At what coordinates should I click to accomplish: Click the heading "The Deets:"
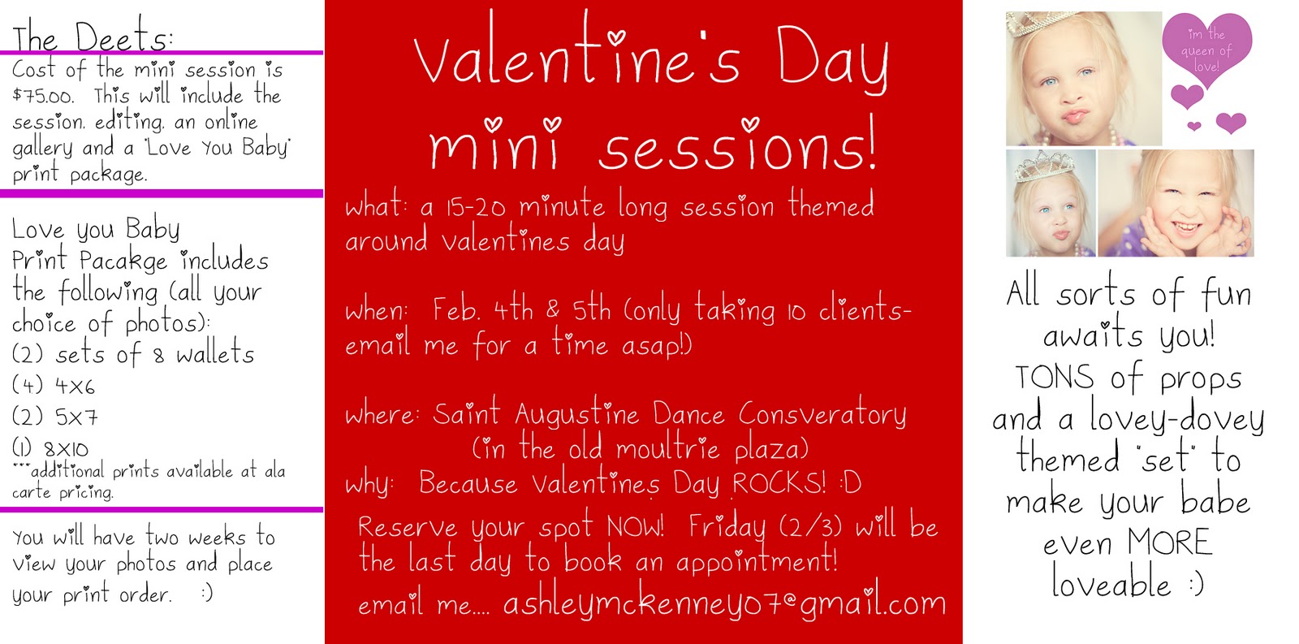[x=93, y=36]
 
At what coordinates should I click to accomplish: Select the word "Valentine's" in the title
[x=577, y=55]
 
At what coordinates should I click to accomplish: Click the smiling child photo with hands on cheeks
[x=1176, y=203]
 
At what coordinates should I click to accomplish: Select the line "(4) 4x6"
[x=54, y=385]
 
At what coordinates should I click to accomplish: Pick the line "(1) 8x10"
[x=50, y=448]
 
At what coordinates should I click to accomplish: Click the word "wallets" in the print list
[x=215, y=353]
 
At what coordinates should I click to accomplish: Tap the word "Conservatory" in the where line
[x=822, y=413]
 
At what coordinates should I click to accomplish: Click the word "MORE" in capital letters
[x=1169, y=542]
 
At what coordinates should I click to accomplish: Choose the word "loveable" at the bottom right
[x=1111, y=582]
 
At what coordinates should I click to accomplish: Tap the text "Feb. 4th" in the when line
[x=482, y=309]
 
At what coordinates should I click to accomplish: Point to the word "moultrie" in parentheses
[x=667, y=448]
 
